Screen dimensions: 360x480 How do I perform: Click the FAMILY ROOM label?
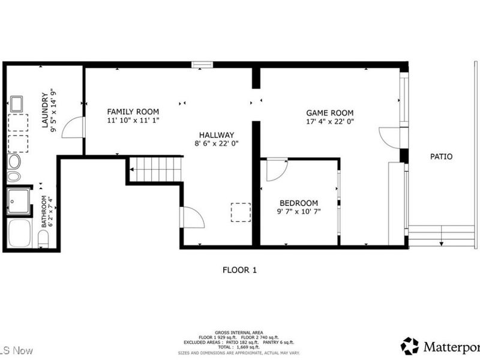[x=133, y=112]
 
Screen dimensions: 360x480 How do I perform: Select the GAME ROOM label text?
[x=329, y=113]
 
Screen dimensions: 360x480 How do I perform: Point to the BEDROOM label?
[x=298, y=203]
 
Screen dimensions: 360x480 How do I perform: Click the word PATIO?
[x=441, y=157]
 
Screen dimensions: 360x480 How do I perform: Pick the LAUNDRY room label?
[x=45, y=110]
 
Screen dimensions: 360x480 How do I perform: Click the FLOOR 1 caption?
[x=239, y=270]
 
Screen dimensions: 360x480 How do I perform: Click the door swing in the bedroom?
[x=277, y=170]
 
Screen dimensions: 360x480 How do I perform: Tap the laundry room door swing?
[x=72, y=127]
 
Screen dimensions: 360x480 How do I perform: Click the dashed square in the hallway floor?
[x=241, y=212]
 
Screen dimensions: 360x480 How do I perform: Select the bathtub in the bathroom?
[x=20, y=233]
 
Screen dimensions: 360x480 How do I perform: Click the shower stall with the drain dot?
[x=19, y=202]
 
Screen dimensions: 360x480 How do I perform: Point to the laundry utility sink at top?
[x=16, y=104]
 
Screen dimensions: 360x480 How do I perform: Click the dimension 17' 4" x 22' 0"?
[x=329, y=121]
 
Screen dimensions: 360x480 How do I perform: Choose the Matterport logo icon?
[x=410, y=346]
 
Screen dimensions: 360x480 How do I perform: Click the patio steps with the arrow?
[x=441, y=235]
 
